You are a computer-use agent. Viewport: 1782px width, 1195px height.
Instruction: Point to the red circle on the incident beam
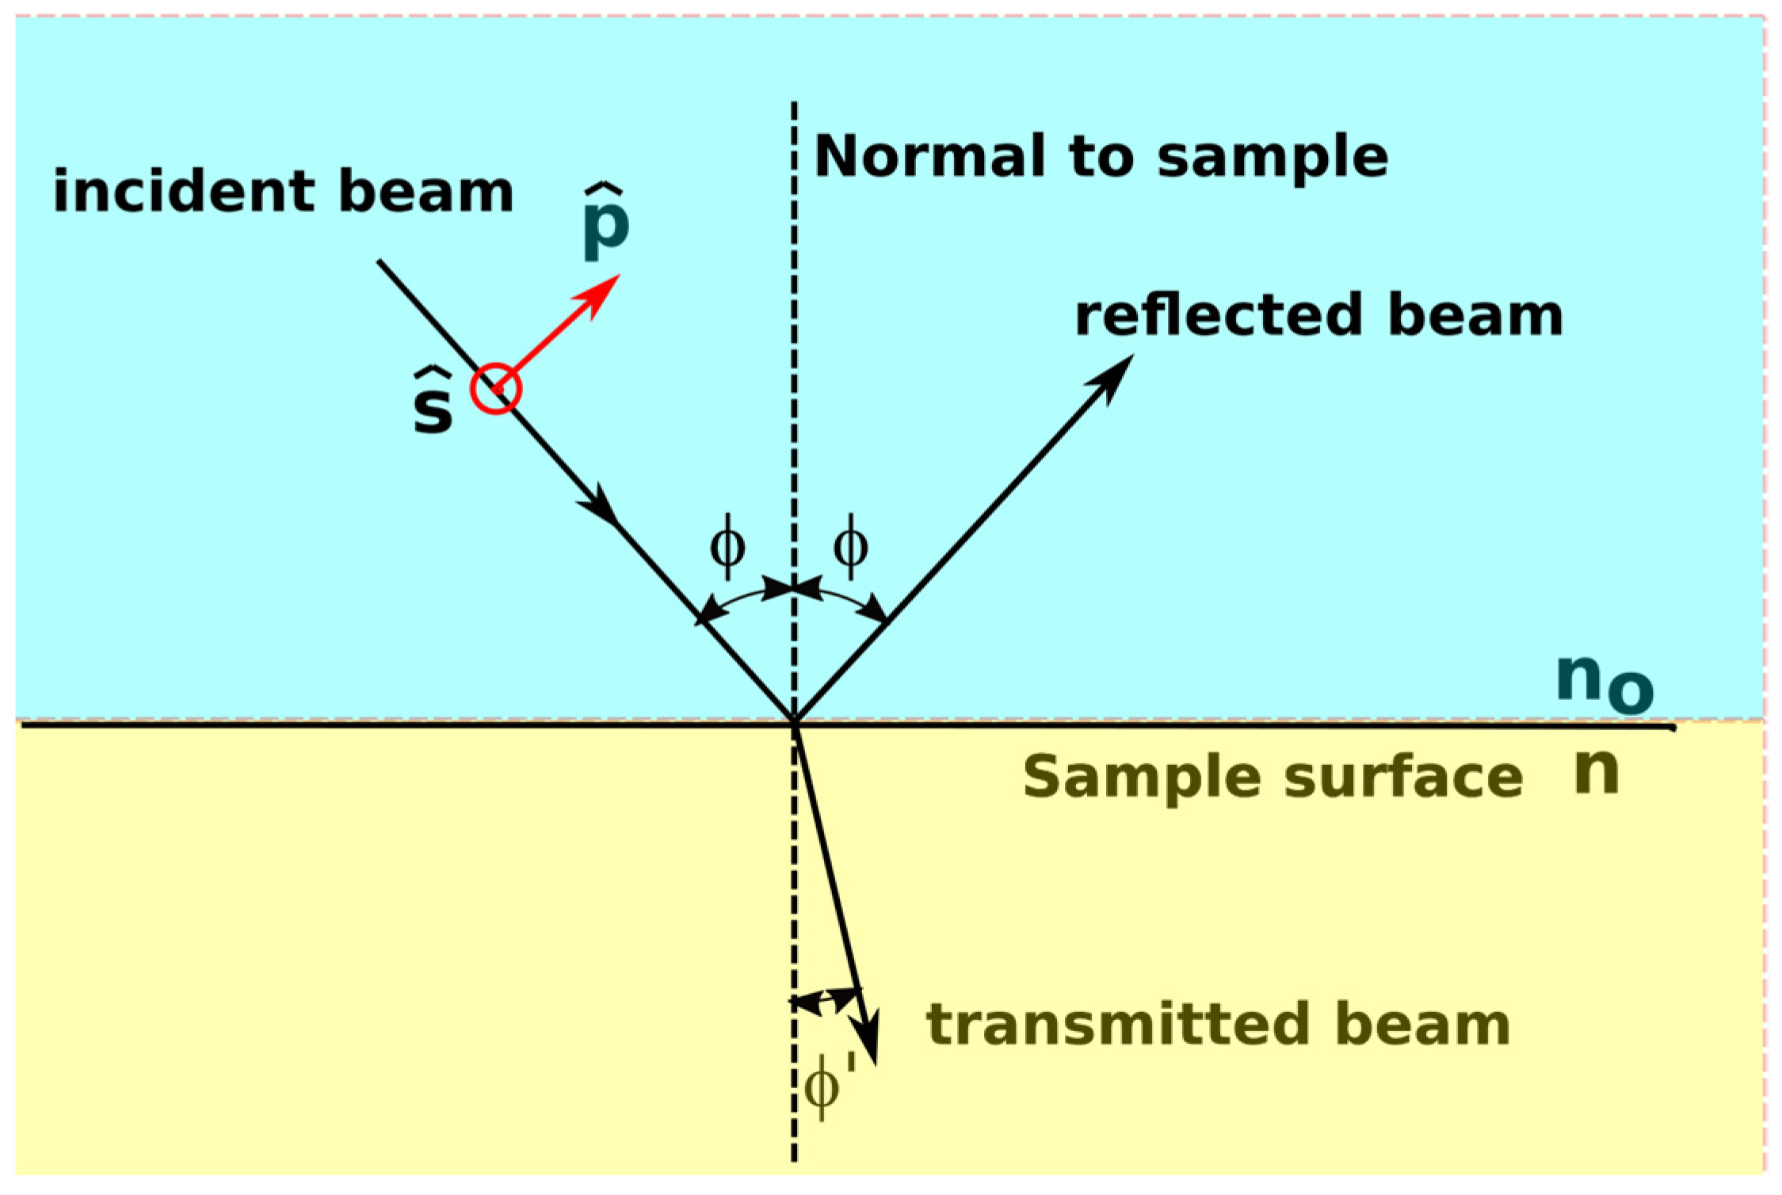click(496, 389)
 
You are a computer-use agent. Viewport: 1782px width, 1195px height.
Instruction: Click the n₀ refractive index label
click(1602, 683)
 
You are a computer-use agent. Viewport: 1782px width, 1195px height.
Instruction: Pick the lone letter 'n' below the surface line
click(1596, 772)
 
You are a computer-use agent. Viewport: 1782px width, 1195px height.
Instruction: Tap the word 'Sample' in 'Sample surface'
click(1141, 778)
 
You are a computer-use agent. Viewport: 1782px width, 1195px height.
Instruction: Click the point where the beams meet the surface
click(794, 721)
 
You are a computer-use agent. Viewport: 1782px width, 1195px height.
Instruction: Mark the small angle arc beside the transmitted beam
click(826, 999)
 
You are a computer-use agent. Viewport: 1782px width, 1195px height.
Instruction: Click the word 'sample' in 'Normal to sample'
click(1272, 158)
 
